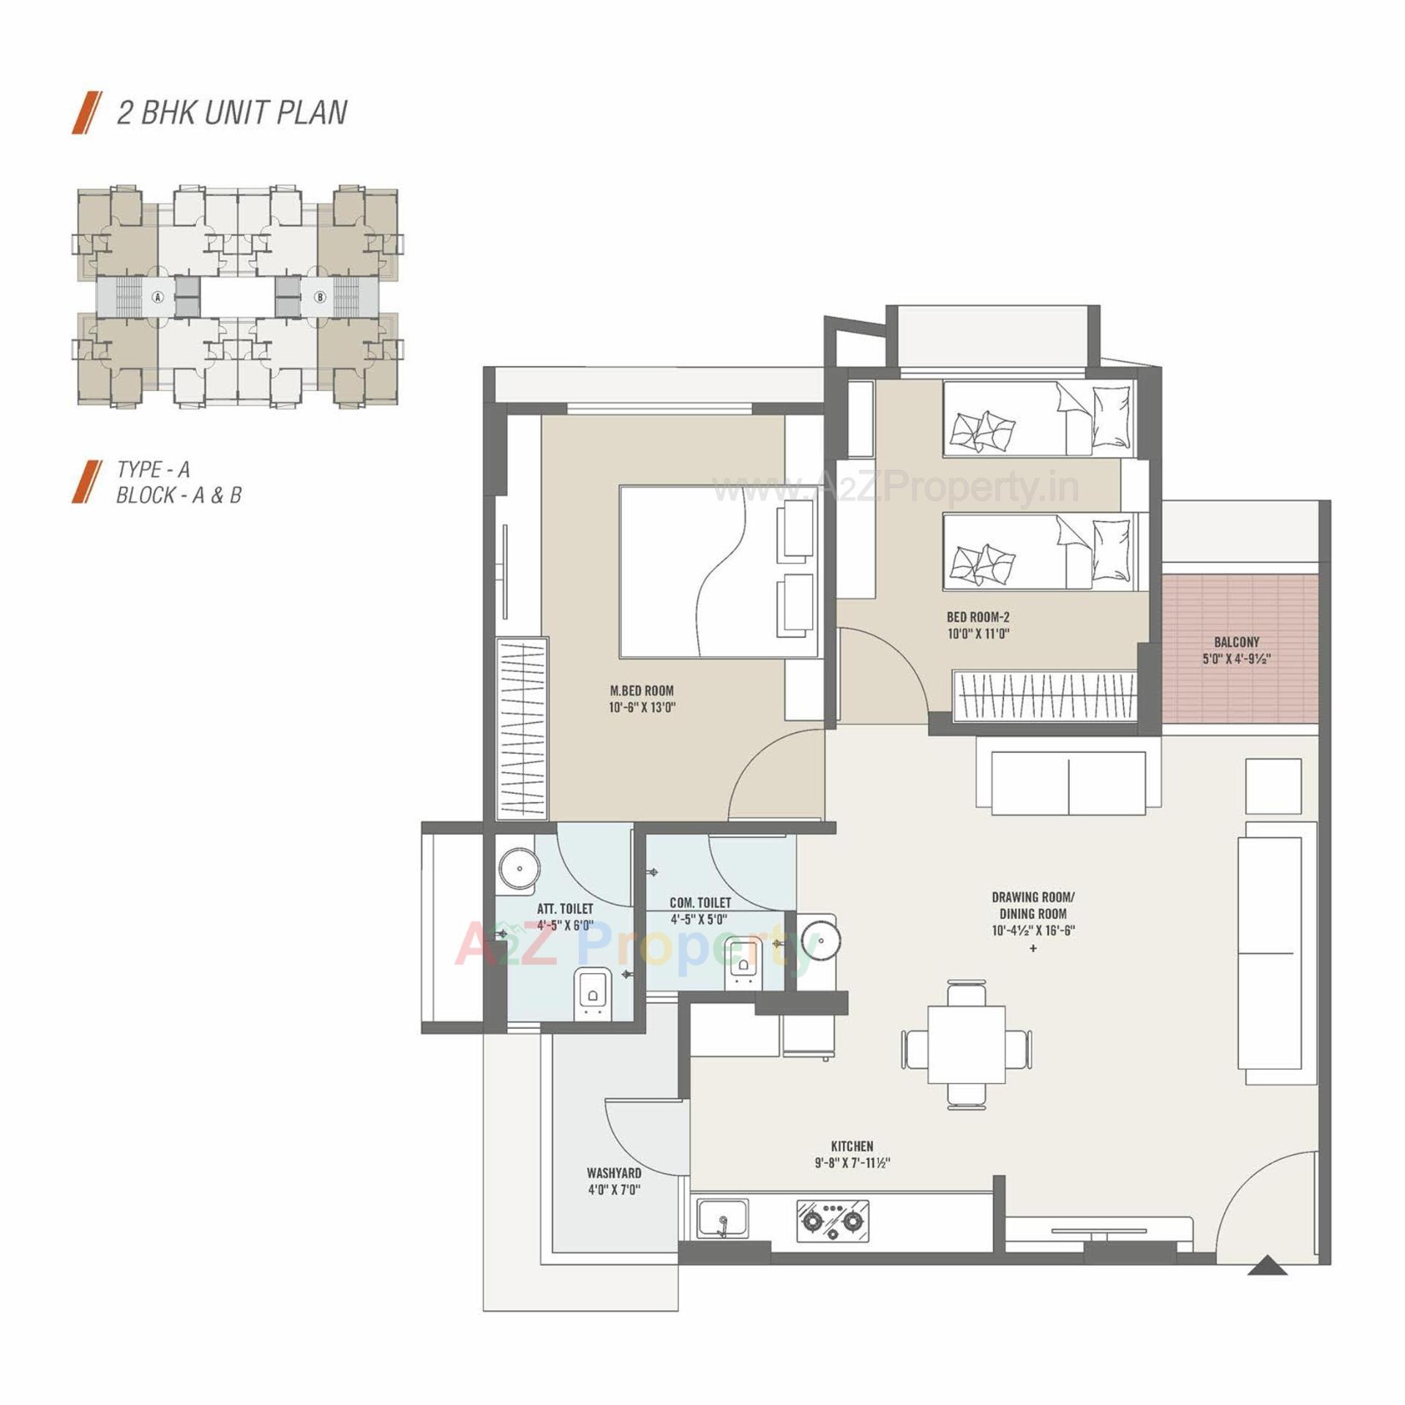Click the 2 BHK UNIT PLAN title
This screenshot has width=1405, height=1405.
coord(231,113)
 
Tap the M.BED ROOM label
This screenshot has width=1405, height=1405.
coord(641,690)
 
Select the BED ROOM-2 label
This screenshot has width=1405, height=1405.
coord(978,617)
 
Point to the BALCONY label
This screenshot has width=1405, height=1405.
coord(1236,642)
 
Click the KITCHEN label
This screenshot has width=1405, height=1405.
coord(852,1146)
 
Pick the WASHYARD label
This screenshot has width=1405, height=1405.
coord(613,1172)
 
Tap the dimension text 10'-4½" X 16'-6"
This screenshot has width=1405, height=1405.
coord(1033,931)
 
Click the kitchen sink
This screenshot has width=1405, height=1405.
coord(722,1219)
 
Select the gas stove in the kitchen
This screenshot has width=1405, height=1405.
coord(833,1220)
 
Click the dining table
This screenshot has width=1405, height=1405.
coord(966,1044)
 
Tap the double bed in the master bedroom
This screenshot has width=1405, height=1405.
coord(718,571)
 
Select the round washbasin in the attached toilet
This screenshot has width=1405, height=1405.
coord(519,869)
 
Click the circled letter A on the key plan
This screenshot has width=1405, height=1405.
coord(157,297)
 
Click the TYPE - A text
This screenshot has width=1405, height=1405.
coord(153,469)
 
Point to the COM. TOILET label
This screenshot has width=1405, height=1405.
coord(700,903)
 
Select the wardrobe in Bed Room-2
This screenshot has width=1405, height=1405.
coord(1044,696)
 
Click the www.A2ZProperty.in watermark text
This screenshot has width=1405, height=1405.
coord(895,487)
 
